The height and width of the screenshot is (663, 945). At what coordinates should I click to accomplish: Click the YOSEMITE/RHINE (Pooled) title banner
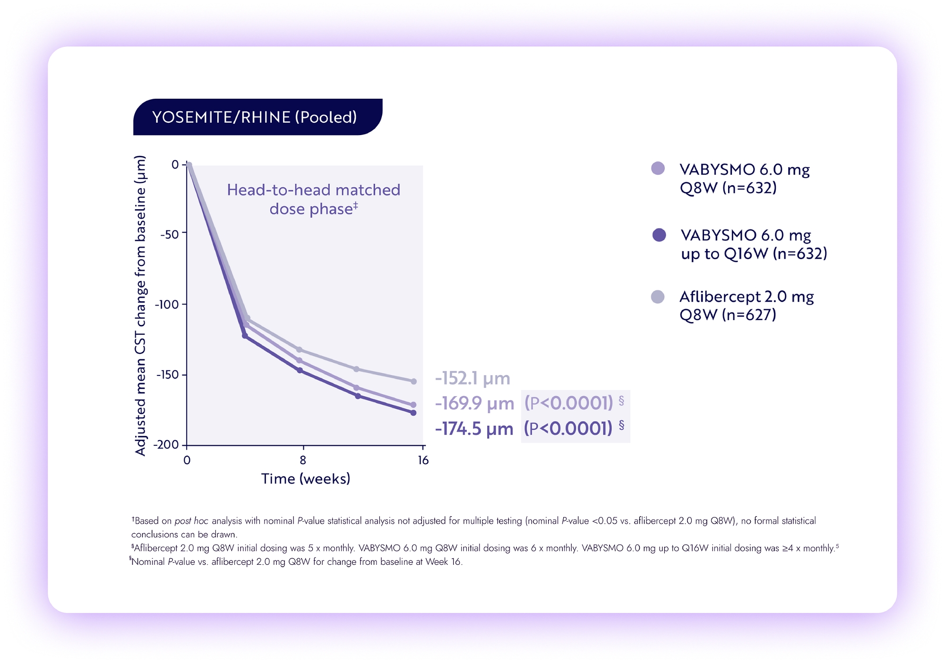258,117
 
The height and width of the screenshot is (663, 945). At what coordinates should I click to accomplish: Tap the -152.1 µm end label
472,378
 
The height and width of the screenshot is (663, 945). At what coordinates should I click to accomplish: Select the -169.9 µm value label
474,403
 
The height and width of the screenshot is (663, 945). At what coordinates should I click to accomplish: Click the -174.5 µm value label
474,429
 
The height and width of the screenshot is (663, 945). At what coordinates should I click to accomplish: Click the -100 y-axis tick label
167,305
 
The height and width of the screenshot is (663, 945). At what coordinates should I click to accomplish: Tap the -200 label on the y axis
166,444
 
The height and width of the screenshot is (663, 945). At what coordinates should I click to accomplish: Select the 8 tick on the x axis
303,460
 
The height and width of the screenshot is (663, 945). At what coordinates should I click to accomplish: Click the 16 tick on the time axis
423,460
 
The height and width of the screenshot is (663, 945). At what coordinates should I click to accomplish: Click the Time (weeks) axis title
306,479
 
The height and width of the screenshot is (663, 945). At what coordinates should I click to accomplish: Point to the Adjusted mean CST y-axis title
140,306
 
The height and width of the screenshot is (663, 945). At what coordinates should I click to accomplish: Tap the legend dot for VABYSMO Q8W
658,168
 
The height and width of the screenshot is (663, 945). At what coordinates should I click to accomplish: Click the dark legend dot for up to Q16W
659,235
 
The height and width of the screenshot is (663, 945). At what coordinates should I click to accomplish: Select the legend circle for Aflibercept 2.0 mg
658,297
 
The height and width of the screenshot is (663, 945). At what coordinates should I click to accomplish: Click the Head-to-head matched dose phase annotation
313,199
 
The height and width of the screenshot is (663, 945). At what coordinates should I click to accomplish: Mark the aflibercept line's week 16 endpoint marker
413,381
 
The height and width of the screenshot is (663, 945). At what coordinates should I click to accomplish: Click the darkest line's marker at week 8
300,370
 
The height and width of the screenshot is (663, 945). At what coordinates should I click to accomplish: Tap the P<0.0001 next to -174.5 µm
568,428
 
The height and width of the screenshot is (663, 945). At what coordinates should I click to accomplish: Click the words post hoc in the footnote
191,521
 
